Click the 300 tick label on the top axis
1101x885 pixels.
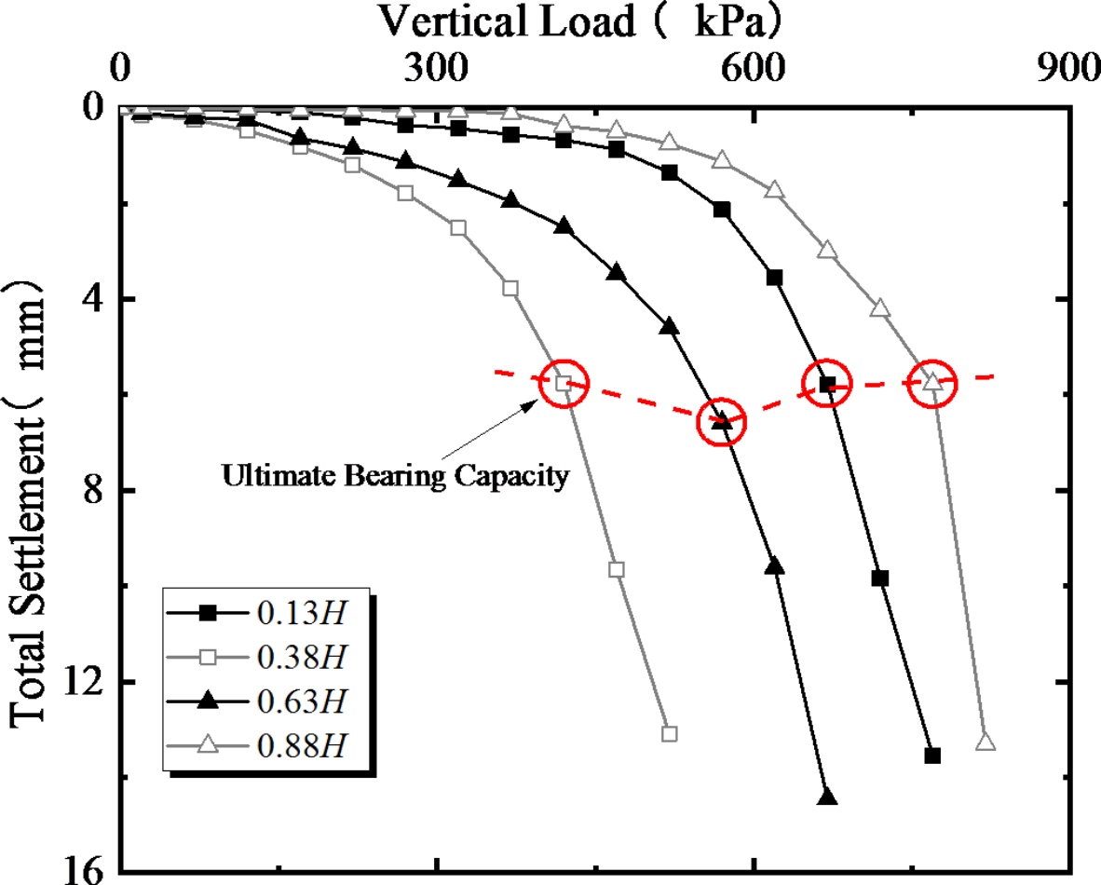[438, 71]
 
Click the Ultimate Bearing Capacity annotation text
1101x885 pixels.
[395, 477]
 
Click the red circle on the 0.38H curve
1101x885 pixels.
[564, 383]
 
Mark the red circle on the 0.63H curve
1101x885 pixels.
[722, 421]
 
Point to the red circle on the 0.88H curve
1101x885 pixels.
[932, 382]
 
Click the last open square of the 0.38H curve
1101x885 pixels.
[669, 733]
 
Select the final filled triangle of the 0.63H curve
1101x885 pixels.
[826, 797]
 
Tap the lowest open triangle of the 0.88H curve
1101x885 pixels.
[985, 742]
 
